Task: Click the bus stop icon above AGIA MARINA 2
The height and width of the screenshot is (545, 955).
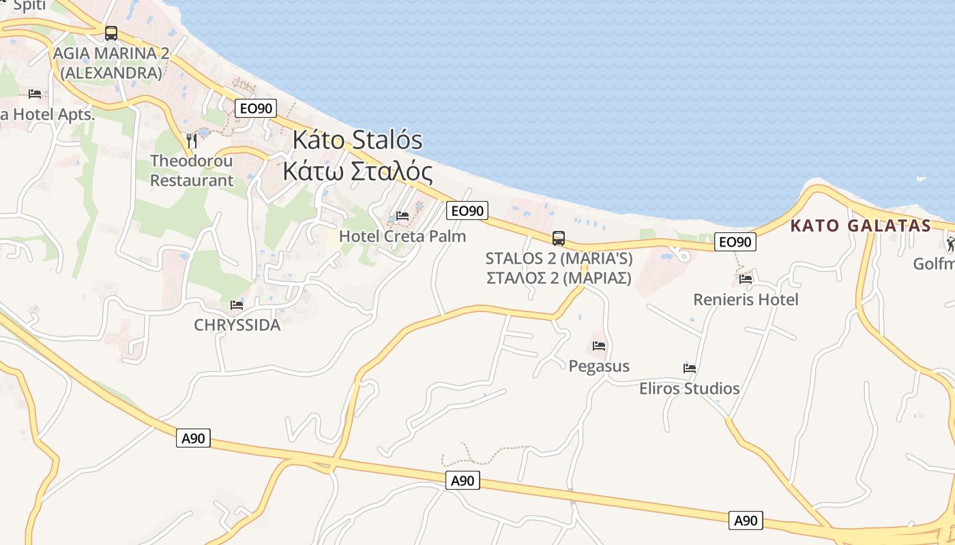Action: point(111,33)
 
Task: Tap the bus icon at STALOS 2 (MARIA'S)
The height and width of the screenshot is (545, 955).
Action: point(559,238)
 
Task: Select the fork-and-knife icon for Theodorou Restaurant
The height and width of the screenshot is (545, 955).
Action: point(192,141)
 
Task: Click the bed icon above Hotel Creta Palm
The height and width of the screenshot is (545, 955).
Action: point(402,217)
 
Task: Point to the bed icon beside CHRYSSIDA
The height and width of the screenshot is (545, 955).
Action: point(237,305)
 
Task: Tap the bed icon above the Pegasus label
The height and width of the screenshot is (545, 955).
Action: point(599,346)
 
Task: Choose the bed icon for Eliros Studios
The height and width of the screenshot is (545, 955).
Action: point(690,369)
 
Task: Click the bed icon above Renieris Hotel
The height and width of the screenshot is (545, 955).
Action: point(746,279)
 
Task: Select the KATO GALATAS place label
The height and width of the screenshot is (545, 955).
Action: point(860,226)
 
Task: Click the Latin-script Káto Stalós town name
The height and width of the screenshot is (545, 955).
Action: point(357,140)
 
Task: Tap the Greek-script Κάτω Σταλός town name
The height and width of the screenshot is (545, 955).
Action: point(357,172)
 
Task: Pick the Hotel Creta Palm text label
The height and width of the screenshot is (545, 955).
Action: point(402,236)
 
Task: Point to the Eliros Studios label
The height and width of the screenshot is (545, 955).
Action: point(689,388)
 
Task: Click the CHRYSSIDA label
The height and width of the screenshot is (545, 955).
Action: point(237,325)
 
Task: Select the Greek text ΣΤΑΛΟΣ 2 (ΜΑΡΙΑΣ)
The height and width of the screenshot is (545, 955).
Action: point(559,278)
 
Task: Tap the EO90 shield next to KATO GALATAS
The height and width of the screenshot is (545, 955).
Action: point(735,242)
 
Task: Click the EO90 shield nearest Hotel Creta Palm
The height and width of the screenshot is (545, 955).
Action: point(467,211)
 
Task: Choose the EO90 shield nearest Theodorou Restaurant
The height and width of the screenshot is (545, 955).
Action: point(256,108)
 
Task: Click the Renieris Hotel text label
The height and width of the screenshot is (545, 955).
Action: point(746,300)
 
